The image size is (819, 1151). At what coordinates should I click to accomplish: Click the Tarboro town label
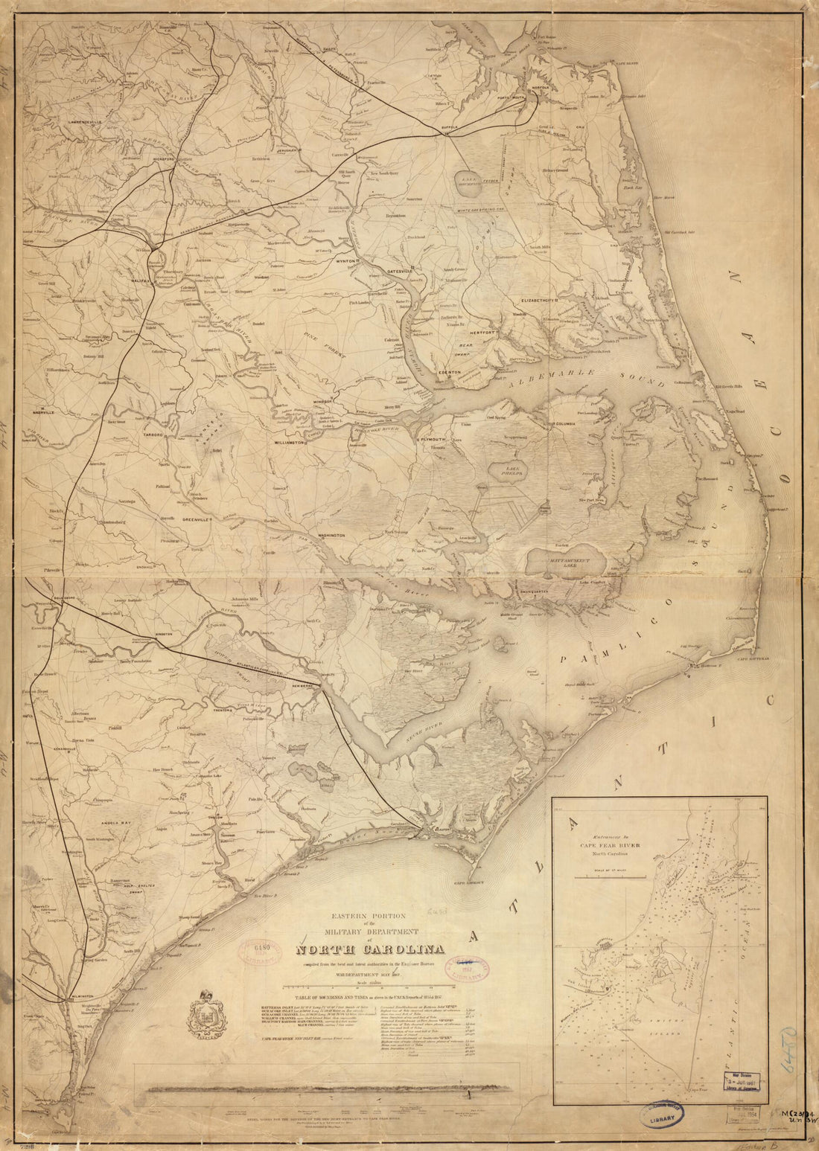[x=154, y=431]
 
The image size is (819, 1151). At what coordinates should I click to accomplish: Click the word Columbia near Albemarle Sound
[x=569, y=423]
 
